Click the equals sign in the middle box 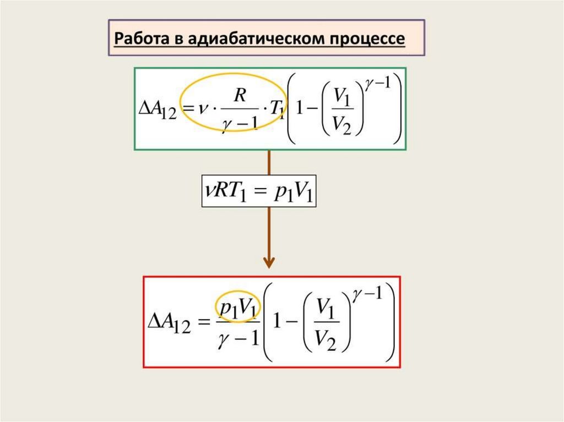pyautogui.click(x=262, y=194)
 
